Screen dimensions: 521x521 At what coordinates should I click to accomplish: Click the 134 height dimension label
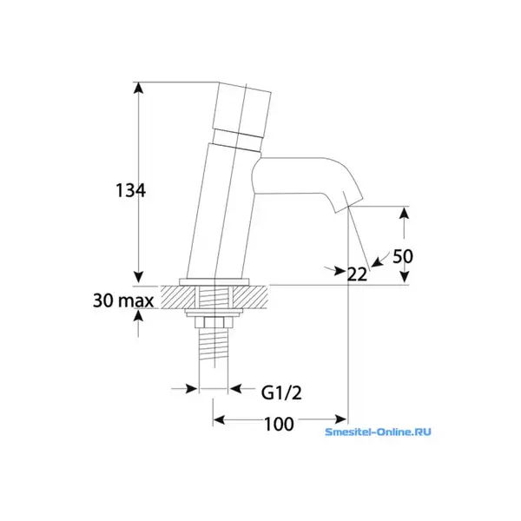pyautogui.click(x=130, y=191)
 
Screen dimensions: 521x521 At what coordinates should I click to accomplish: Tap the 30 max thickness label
pyautogui.click(x=123, y=300)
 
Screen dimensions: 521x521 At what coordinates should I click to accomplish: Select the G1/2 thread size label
pyautogui.click(x=281, y=393)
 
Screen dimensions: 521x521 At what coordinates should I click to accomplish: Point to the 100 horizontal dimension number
pyautogui.click(x=279, y=424)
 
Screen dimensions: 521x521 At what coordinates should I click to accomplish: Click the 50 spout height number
pyautogui.click(x=403, y=256)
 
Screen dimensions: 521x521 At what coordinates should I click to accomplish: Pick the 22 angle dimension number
pyautogui.click(x=357, y=274)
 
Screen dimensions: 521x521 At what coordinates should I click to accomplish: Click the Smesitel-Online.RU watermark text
pyautogui.click(x=378, y=432)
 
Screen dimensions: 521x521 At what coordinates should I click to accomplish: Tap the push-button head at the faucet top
pyautogui.click(x=243, y=108)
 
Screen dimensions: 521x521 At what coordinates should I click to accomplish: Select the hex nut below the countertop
pyautogui.click(x=214, y=322)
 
